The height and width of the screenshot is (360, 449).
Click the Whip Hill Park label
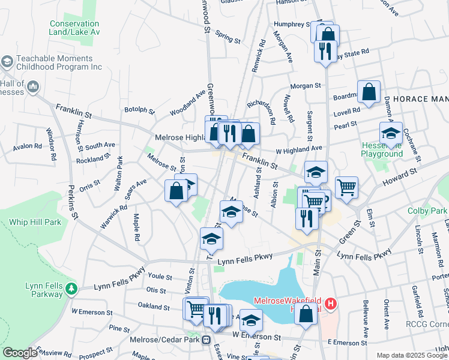point(35,222)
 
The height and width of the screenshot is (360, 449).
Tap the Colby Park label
point(427,211)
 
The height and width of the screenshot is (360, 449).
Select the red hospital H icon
point(331,305)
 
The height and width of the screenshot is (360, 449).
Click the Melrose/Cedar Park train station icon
point(206,340)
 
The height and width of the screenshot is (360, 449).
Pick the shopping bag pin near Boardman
point(369,92)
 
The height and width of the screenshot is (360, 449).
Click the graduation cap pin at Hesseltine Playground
point(391,134)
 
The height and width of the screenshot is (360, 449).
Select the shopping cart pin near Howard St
point(346,188)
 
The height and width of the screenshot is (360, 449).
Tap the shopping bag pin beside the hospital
point(306,314)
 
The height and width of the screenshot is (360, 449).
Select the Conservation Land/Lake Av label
point(74,28)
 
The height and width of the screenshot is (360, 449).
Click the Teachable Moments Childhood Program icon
point(7,62)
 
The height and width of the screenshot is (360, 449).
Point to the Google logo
point(20,353)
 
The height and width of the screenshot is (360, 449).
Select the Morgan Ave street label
point(283,48)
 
